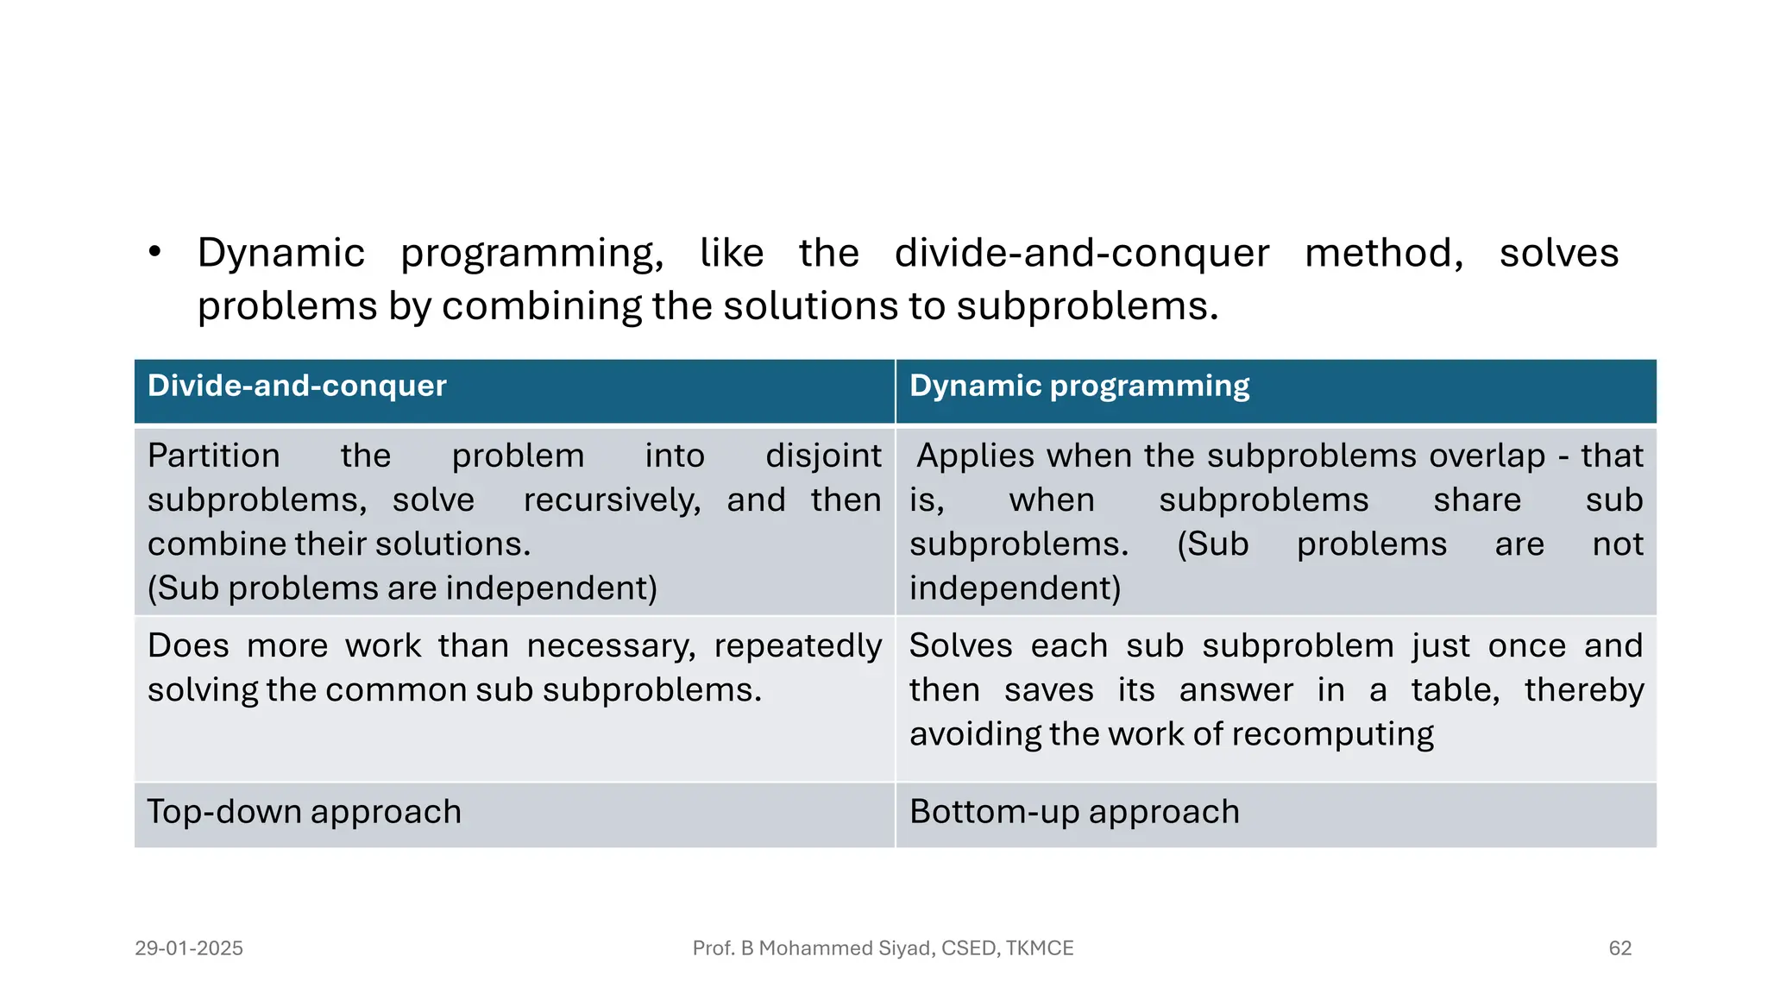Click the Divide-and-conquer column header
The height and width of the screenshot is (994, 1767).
(297, 386)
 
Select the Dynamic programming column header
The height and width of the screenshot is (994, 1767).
(1078, 386)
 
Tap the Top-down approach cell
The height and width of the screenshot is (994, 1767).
(304, 812)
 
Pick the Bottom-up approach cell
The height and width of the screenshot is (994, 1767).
(1074, 812)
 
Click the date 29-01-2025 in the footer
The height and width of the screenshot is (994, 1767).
(189, 948)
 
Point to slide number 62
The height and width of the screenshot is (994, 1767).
(1619, 948)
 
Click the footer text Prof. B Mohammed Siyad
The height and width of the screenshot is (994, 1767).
(883, 948)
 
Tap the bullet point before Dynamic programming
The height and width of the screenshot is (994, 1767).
(154, 252)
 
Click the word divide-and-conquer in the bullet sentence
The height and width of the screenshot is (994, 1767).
(1081, 253)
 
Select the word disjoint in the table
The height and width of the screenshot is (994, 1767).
(823, 456)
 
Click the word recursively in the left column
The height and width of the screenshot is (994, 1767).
(612, 500)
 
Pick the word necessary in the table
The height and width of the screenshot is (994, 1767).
(611, 646)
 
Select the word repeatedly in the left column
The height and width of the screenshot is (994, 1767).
(797, 646)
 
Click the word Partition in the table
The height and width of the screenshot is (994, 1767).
(214, 456)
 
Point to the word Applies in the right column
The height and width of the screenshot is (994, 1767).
(975, 456)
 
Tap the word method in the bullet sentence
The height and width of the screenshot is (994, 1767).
(1383, 253)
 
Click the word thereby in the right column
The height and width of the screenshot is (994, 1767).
(1583, 690)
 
